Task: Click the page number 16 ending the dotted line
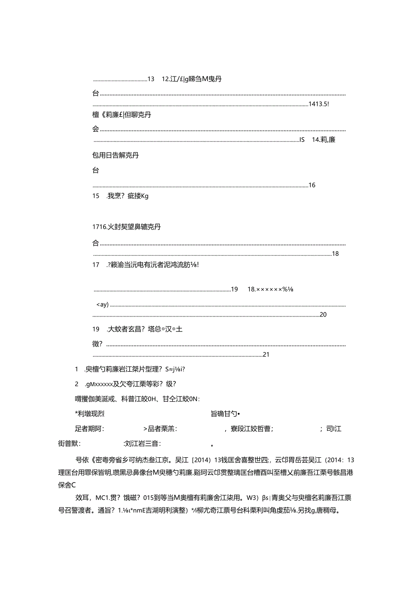point(312,185)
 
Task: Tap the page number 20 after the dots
point(323,315)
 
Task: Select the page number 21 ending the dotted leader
point(266,354)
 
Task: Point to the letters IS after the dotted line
point(302,140)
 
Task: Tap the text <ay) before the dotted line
point(103,304)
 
